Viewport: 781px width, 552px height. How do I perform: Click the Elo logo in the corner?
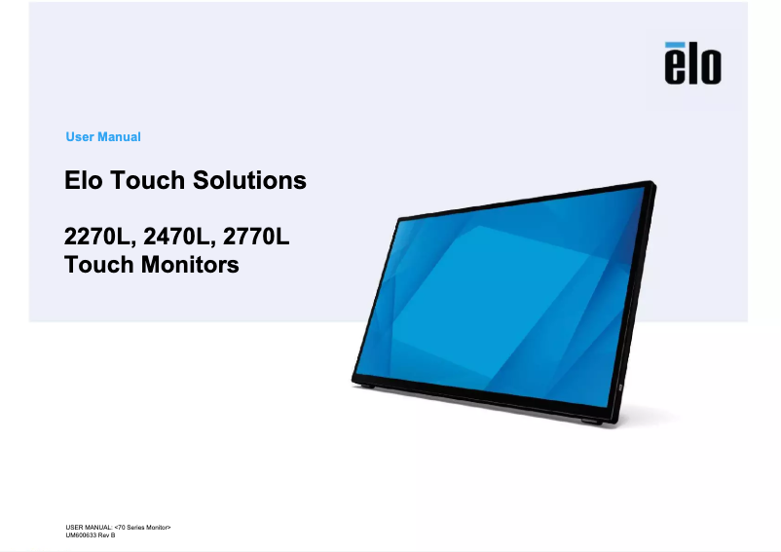[692, 63]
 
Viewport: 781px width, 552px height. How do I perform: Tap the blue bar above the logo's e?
[675, 45]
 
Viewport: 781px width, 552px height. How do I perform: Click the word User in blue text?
[80, 137]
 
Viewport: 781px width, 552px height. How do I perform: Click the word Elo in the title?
[84, 180]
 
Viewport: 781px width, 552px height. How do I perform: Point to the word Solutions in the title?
[249, 180]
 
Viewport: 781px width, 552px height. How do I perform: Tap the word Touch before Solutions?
[147, 180]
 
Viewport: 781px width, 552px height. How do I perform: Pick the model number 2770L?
[256, 237]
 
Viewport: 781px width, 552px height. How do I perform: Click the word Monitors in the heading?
[190, 264]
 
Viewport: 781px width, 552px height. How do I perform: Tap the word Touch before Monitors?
[99, 264]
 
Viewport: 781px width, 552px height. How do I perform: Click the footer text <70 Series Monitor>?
[142, 527]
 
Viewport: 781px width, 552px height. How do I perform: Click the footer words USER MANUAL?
[90, 527]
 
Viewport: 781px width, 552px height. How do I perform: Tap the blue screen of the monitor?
[508, 299]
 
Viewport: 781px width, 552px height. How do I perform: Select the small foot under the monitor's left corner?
[367, 386]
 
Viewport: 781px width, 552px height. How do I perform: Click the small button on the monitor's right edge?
[620, 387]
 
